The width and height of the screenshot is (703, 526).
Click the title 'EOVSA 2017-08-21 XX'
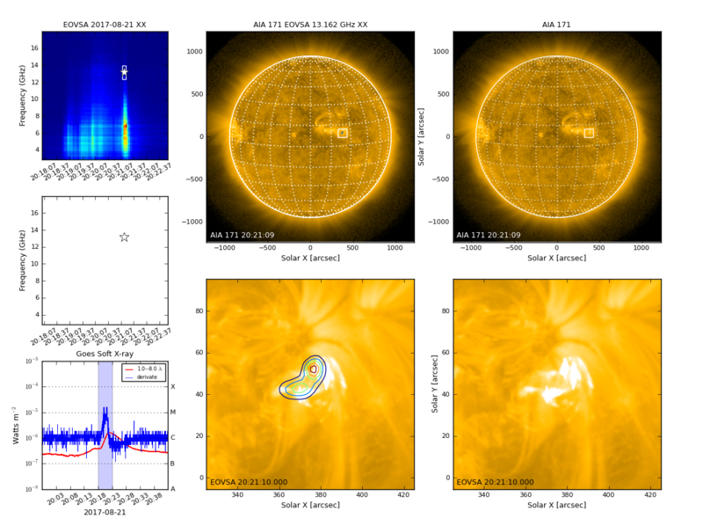pos(105,24)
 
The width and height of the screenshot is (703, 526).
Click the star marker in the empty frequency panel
pos(124,237)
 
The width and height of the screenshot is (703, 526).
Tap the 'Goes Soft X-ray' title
pos(105,352)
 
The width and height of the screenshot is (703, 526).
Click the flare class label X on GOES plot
pos(172,386)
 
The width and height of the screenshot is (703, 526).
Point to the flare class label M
pos(172,412)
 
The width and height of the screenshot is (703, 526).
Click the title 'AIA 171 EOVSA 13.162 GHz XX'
pos(309,24)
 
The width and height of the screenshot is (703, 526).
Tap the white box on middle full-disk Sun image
pos(343,133)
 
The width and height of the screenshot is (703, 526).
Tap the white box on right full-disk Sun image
pos(589,133)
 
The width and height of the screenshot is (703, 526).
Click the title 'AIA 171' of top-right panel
pos(556,24)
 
